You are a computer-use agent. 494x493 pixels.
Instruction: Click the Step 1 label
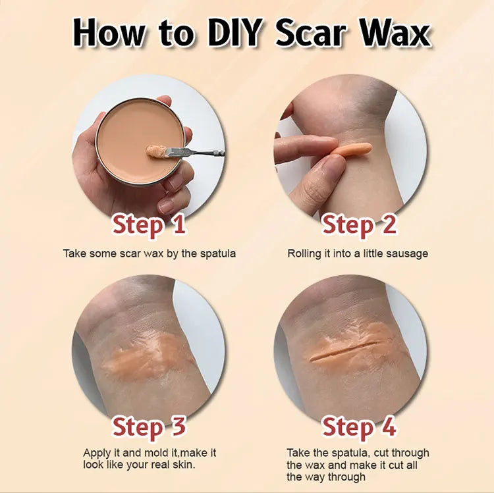pyautogui.click(x=149, y=224)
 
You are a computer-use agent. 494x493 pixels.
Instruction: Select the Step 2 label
pyautogui.click(x=359, y=224)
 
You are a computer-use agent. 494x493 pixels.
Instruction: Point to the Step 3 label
pyautogui.click(x=149, y=427)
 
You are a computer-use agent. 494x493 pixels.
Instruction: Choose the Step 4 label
pyautogui.click(x=359, y=427)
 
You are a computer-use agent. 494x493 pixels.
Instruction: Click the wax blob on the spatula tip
pyautogui.click(x=157, y=151)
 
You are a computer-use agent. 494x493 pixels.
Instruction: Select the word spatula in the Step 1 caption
pyautogui.click(x=218, y=254)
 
